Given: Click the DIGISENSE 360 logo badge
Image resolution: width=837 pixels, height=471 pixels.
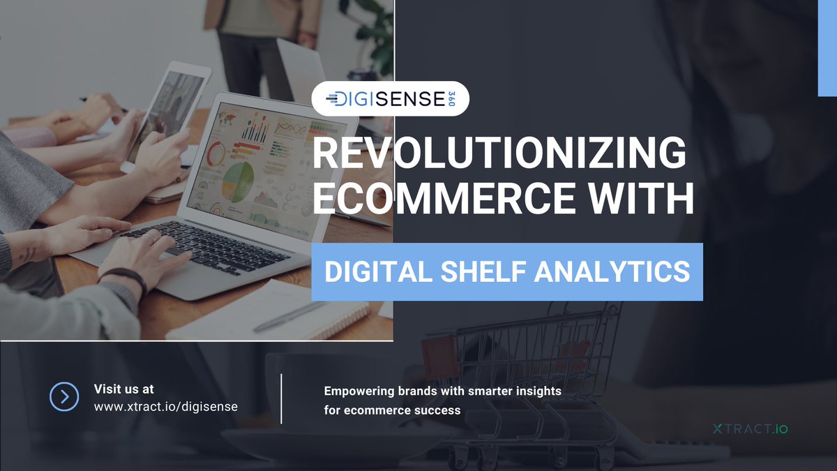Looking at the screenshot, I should pos(390,98).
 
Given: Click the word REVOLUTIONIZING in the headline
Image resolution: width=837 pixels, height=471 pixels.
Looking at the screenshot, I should pos(499,154).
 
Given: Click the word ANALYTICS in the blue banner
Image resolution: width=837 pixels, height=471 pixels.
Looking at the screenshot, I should pos(612,271).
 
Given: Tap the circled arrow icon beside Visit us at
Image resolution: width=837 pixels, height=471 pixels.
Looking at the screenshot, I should pos(65,397).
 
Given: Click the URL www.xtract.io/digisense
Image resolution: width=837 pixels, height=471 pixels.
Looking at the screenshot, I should pos(165,406).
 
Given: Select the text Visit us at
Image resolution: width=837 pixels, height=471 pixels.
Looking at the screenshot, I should pos(124,389).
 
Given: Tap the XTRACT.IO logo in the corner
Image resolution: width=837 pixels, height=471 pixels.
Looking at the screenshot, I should pos(751,428).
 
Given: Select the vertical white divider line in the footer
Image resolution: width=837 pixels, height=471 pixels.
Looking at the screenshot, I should pos(281,398).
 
